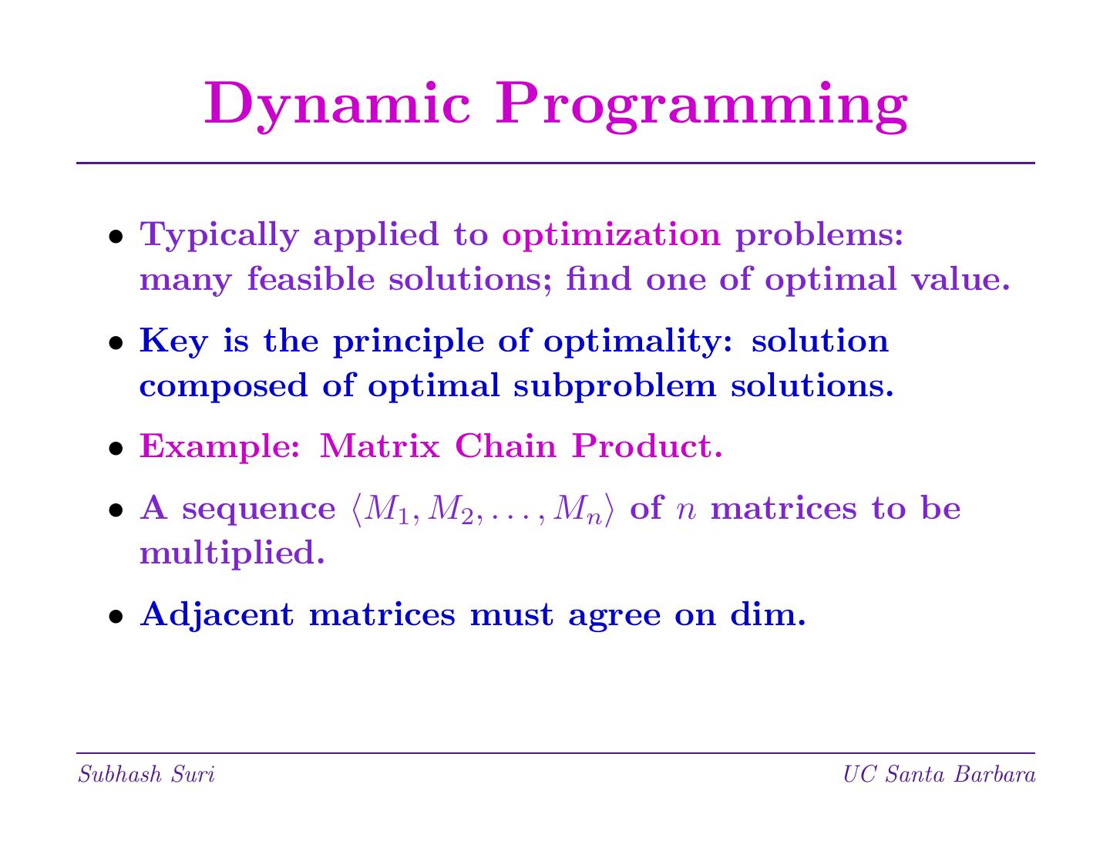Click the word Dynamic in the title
click(337, 106)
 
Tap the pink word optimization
click(611, 236)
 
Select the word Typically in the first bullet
click(220, 236)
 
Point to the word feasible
click(311, 279)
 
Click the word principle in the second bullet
click(409, 342)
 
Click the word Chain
click(506, 446)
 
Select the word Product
click(647, 446)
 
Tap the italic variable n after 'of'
click(686, 510)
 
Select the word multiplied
click(233, 553)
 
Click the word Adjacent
click(217, 615)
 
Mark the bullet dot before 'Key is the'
click(116, 343)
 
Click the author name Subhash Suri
click(146, 775)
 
